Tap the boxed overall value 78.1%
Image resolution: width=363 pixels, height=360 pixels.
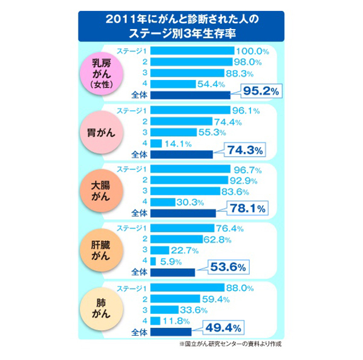point(248,210)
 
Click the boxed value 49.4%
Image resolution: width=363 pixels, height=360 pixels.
point(225,328)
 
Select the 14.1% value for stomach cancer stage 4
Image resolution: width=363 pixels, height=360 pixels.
point(179,143)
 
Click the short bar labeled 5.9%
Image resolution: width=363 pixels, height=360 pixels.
point(154,261)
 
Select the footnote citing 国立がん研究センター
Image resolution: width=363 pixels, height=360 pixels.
point(231,344)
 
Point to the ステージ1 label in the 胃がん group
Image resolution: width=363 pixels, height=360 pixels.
point(131,110)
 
